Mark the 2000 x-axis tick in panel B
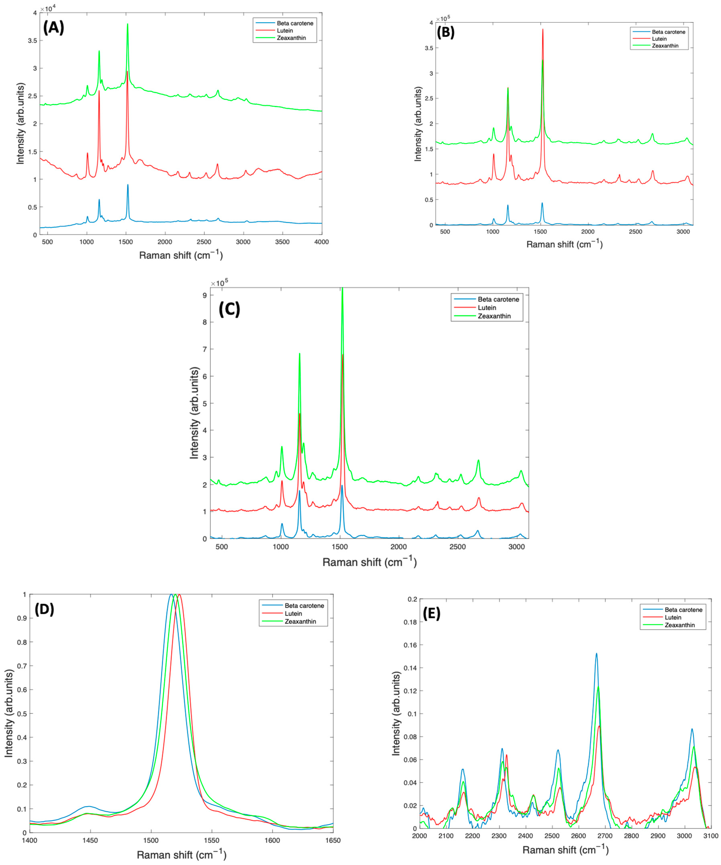(588, 232)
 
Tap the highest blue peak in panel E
(596, 653)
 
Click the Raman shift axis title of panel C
(369, 562)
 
